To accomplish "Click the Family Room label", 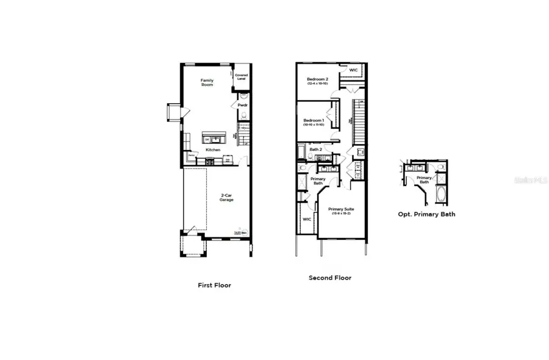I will click(x=208, y=82).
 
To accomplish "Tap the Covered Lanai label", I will click(x=242, y=77).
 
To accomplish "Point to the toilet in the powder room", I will click(x=243, y=96).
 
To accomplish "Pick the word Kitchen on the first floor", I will click(x=213, y=149).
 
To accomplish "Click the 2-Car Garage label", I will click(x=227, y=198).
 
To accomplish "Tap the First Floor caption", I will click(x=214, y=285).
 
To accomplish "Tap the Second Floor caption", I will click(x=330, y=278).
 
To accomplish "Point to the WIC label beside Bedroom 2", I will click(x=353, y=70).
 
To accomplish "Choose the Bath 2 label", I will click(x=315, y=149).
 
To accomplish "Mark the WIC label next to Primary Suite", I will click(x=307, y=218).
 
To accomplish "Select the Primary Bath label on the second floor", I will click(x=318, y=181).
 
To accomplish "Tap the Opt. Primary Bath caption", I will click(x=426, y=214).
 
